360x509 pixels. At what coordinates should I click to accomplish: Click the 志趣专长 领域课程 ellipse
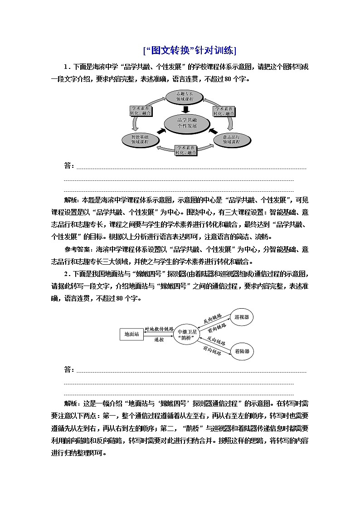pyautogui.click(x=181, y=96)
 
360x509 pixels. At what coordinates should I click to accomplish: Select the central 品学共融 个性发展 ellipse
pyautogui.click(x=187, y=123)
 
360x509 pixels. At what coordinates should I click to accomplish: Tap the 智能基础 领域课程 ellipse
pyautogui.click(x=140, y=139)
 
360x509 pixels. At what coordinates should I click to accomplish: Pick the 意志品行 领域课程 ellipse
pyautogui.click(x=232, y=139)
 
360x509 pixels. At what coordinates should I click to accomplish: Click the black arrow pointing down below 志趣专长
pyautogui.click(x=185, y=109)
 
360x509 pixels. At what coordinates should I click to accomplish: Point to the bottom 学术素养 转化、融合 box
pyautogui.click(x=186, y=150)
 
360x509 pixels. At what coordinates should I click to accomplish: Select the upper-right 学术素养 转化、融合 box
pyautogui.click(x=224, y=111)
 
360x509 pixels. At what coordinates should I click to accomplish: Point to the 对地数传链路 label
pyautogui.click(x=159, y=329)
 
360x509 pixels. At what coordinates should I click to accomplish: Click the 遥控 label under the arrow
pyautogui.click(x=159, y=339)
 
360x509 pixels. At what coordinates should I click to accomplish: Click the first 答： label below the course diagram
pyautogui.click(x=69, y=166)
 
